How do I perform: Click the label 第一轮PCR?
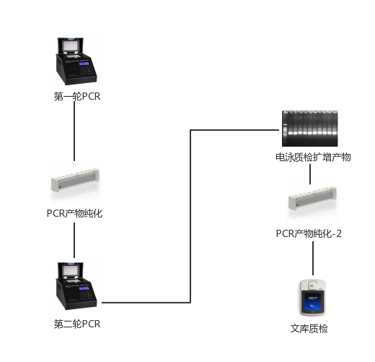77,96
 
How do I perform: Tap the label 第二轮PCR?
77,324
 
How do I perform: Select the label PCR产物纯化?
74,213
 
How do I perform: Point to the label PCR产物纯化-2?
309,233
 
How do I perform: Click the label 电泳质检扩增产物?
313,157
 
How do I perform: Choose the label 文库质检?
309,329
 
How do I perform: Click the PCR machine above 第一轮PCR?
76,61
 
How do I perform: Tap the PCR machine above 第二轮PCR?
76,286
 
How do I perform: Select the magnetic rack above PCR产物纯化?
75,180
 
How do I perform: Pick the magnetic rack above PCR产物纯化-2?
312,198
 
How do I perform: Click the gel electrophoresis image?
310,129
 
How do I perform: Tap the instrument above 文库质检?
312,298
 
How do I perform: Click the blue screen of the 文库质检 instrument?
312,301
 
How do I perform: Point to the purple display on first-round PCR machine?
84,64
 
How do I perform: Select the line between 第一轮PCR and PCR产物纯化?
74,132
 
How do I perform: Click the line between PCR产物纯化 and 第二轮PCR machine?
74,240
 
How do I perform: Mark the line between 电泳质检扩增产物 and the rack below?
310,174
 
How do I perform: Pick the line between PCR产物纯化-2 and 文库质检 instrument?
313,258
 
